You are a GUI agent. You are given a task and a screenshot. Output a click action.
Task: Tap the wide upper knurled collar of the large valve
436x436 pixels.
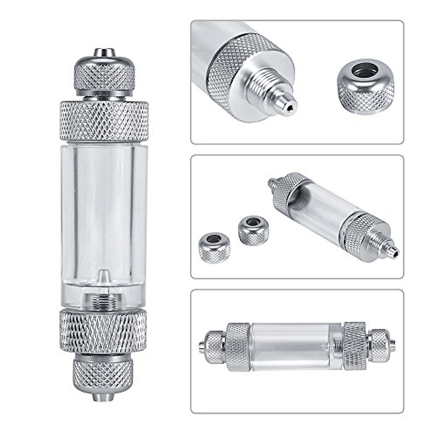click(x=104, y=121)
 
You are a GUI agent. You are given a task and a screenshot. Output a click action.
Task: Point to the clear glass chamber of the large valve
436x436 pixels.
click(x=104, y=211)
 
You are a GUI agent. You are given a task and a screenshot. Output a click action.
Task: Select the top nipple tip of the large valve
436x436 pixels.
click(x=105, y=52)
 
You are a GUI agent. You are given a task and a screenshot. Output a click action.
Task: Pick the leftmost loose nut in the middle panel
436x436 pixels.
click(x=214, y=247)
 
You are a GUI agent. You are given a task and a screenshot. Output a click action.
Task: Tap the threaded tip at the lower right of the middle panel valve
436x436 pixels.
click(x=391, y=250)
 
